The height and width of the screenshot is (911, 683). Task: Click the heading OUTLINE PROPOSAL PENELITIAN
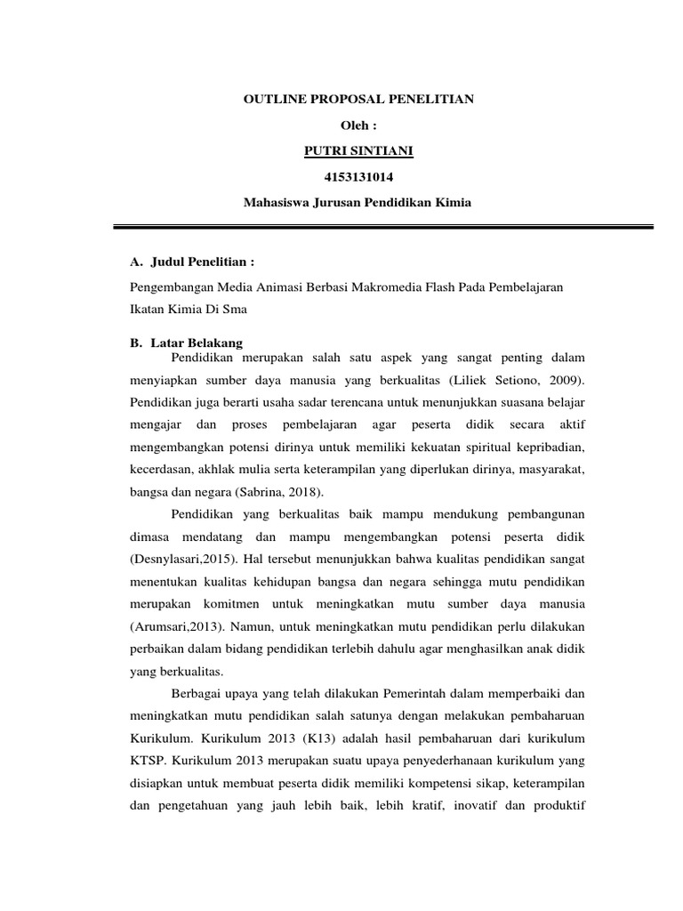tap(358, 100)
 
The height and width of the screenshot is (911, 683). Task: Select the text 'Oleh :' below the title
tap(358, 125)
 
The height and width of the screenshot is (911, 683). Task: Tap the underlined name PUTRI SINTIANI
tap(358, 151)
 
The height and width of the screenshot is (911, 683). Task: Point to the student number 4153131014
tap(358, 177)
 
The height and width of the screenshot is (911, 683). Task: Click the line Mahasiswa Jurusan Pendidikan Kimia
tap(358, 203)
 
